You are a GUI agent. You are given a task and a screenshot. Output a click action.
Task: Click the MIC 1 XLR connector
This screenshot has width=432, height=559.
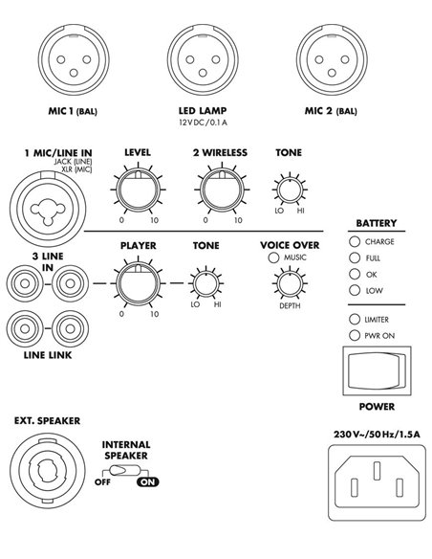(74, 59)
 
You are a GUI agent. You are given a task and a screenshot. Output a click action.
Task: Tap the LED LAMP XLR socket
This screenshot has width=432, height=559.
(203, 59)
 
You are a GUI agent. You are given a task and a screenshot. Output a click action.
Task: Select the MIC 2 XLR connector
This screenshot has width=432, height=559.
(332, 59)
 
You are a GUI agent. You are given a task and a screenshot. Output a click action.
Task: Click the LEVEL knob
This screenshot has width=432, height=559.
(138, 189)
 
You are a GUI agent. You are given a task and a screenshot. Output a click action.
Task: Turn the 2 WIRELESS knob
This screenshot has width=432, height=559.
(222, 189)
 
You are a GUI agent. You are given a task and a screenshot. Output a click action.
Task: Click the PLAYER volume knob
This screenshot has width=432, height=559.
(138, 282)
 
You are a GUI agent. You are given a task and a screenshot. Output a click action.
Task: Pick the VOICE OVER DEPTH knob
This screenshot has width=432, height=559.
(290, 283)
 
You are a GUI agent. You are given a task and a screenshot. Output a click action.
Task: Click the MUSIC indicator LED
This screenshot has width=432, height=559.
(273, 257)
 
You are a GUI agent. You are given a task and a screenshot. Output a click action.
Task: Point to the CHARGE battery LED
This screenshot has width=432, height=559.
(355, 241)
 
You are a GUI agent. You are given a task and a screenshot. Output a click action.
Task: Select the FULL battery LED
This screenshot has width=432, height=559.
(355, 257)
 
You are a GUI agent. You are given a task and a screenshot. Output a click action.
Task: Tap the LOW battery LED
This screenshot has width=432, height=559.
(355, 290)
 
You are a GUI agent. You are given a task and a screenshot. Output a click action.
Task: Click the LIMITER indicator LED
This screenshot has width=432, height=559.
(355, 319)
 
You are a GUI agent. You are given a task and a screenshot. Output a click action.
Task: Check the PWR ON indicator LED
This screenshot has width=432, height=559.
(355, 335)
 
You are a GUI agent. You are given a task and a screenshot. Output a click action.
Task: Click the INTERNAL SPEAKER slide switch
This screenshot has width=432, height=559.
(124, 470)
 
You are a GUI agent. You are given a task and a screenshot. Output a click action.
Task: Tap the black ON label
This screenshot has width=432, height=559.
(148, 482)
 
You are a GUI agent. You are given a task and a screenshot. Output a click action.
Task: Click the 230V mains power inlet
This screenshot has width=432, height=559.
(377, 482)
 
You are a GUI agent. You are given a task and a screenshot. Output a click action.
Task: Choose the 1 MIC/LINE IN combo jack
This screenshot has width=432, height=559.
(48, 209)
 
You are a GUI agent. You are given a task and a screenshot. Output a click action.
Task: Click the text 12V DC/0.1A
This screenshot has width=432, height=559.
(203, 123)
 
